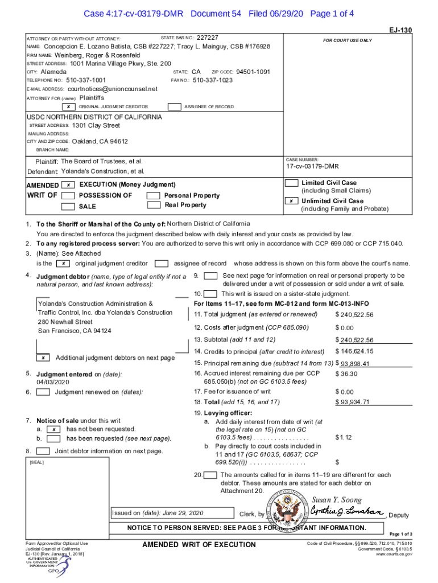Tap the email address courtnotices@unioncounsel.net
click(x=112, y=89)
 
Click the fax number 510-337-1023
click(x=212, y=80)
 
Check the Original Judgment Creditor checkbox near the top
click(x=68, y=106)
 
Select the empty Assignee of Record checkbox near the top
click(x=175, y=106)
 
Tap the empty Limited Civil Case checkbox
click(x=291, y=183)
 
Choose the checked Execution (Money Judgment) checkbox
click(x=68, y=185)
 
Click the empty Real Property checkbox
click(x=153, y=206)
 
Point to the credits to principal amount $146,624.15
click(x=354, y=351)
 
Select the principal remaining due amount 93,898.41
click(x=356, y=364)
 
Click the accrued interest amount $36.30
click(x=346, y=373)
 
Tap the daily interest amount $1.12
click(x=344, y=437)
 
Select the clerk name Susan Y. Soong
click(x=336, y=500)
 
